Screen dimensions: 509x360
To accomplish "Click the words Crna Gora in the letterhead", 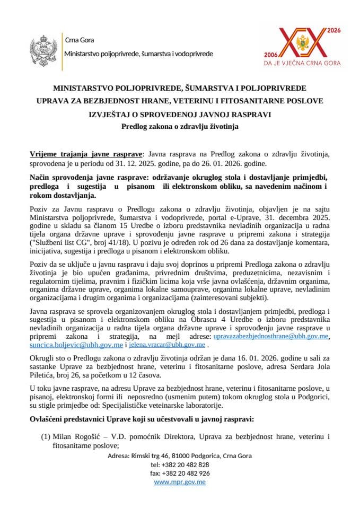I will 76,40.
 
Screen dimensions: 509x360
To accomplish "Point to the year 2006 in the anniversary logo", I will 271,55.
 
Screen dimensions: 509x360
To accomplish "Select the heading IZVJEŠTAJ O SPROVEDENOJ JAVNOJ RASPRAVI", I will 180,113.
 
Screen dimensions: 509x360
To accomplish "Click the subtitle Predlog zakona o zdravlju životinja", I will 180,126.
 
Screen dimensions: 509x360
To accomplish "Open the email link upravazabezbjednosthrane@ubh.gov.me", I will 271,336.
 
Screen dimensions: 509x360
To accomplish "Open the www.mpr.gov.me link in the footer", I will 180,482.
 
